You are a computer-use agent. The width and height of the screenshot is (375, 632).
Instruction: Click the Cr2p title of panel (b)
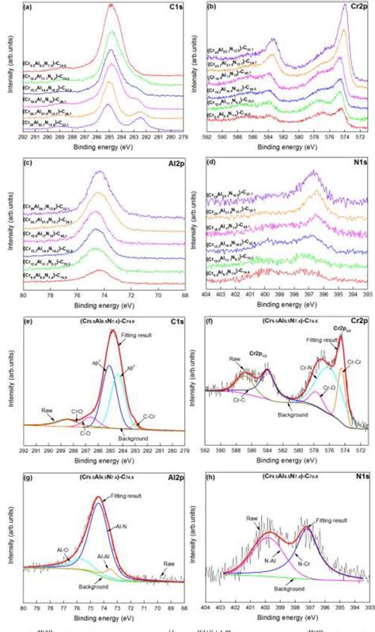click(x=358, y=7)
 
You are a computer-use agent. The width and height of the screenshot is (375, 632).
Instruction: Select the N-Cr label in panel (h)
click(x=304, y=563)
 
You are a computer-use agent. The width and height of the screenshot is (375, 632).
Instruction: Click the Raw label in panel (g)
click(x=168, y=563)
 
